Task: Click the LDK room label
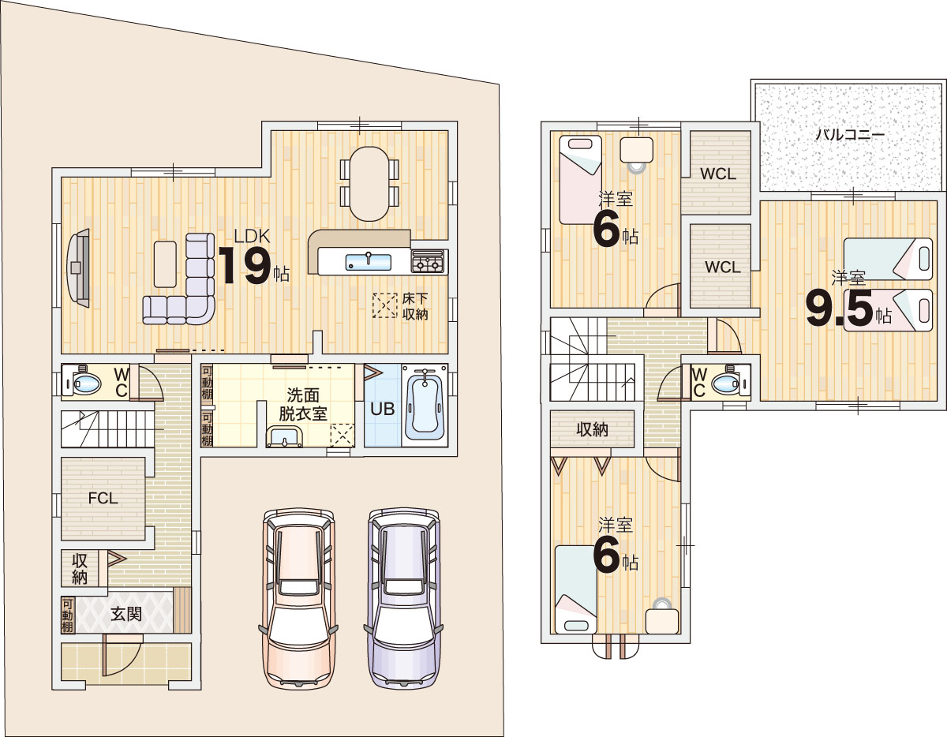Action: (252, 236)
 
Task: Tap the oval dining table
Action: (369, 184)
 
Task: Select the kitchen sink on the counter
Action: (369, 262)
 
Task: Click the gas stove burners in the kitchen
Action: (429, 262)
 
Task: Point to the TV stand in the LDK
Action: (78, 267)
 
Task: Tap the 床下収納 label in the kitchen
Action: (414, 306)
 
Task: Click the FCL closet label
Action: (103, 498)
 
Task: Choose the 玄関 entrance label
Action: (126, 614)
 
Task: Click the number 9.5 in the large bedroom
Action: (840, 309)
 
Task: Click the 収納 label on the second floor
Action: (592, 429)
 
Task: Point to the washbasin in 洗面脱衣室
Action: (285, 437)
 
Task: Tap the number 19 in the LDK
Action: (245, 265)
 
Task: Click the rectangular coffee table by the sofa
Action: (165, 264)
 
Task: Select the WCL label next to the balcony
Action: (718, 174)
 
